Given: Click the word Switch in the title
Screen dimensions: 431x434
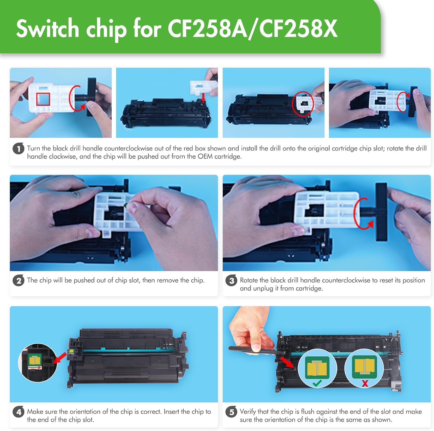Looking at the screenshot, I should (x=47, y=29).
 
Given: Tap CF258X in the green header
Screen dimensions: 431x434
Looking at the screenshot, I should (x=298, y=29).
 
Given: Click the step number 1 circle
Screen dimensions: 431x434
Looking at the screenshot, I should (x=18, y=149).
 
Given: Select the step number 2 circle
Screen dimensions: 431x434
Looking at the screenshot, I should (x=18, y=281).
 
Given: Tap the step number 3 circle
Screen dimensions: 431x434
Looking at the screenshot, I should (x=231, y=281).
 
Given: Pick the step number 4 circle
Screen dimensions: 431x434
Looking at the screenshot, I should (x=18, y=412).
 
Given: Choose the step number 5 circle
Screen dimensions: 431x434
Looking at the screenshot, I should (x=231, y=412).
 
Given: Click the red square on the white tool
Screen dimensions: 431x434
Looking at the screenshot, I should (x=43, y=99).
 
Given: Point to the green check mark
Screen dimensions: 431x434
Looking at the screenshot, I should (x=317, y=383).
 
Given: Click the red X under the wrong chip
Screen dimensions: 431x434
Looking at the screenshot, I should (x=365, y=384).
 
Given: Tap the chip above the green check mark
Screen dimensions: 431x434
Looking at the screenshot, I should (x=317, y=368).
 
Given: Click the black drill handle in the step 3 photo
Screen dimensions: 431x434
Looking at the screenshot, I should (x=381, y=212).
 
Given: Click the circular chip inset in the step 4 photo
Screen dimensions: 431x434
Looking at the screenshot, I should (x=38, y=362).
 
